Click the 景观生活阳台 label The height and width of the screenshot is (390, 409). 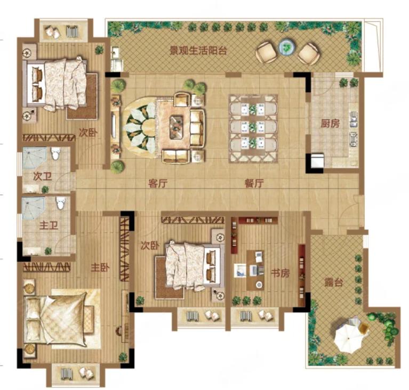coord(198,50)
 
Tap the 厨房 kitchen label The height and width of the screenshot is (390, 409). coord(330,123)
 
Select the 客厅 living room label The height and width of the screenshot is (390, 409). coord(157,183)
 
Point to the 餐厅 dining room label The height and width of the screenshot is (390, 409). coord(254,183)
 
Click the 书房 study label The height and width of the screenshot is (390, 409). coord(280,273)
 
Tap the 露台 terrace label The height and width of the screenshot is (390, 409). coord(334,282)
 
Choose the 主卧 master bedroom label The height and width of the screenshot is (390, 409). coord(100,267)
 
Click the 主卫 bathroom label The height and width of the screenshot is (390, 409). coord(49,225)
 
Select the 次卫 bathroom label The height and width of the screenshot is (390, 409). coord(43,176)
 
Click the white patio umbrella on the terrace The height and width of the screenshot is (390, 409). coord(349,338)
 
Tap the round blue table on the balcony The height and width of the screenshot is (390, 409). coord(287,47)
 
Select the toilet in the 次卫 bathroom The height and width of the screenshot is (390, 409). coord(55,154)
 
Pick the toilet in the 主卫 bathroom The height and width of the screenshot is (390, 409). coord(61,203)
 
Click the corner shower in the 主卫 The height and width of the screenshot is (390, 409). coord(34,208)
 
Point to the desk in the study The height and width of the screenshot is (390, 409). coord(255,271)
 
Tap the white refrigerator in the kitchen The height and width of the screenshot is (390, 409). coord(317,161)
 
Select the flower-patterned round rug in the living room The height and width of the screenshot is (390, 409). coord(140,128)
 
